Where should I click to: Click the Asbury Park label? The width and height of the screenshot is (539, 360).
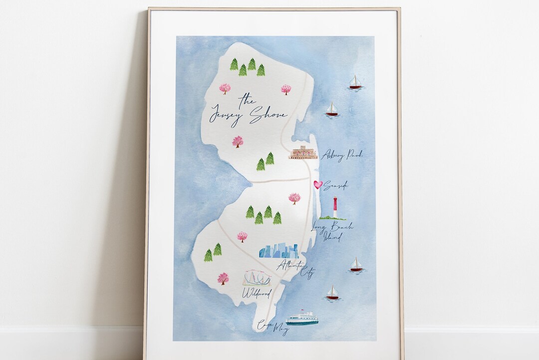click(342, 155)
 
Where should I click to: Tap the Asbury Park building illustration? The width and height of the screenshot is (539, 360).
click(303, 152)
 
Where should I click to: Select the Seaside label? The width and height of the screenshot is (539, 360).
click(335, 186)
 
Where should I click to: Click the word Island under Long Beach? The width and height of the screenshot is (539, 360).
click(330, 237)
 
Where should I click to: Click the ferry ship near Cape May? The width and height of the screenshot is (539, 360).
click(302, 319)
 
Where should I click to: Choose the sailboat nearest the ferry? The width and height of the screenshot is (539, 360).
click(332, 294)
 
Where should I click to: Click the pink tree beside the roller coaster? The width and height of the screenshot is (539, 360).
click(223, 278)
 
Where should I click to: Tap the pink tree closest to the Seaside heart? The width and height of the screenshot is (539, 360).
click(294, 198)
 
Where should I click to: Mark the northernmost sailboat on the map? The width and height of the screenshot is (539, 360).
click(355, 82)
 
